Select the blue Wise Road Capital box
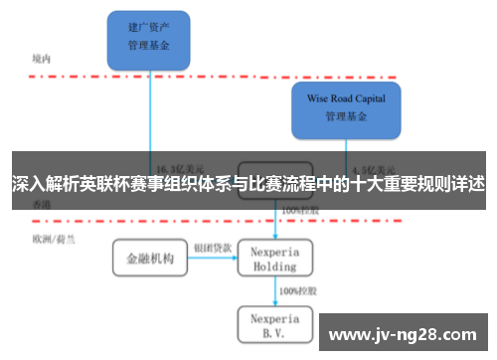[x=346, y=108]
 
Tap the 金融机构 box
[x=149, y=260]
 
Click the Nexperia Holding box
[x=275, y=260]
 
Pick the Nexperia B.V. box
[x=275, y=324]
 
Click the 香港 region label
[x=41, y=203]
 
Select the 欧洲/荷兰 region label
[x=51, y=239]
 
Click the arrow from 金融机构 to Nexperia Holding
[x=213, y=260]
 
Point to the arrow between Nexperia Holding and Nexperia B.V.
[x=275, y=291]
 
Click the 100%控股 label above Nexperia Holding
[x=299, y=212]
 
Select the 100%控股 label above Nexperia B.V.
[x=299, y=291]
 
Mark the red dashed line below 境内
[x=248, y=76]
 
